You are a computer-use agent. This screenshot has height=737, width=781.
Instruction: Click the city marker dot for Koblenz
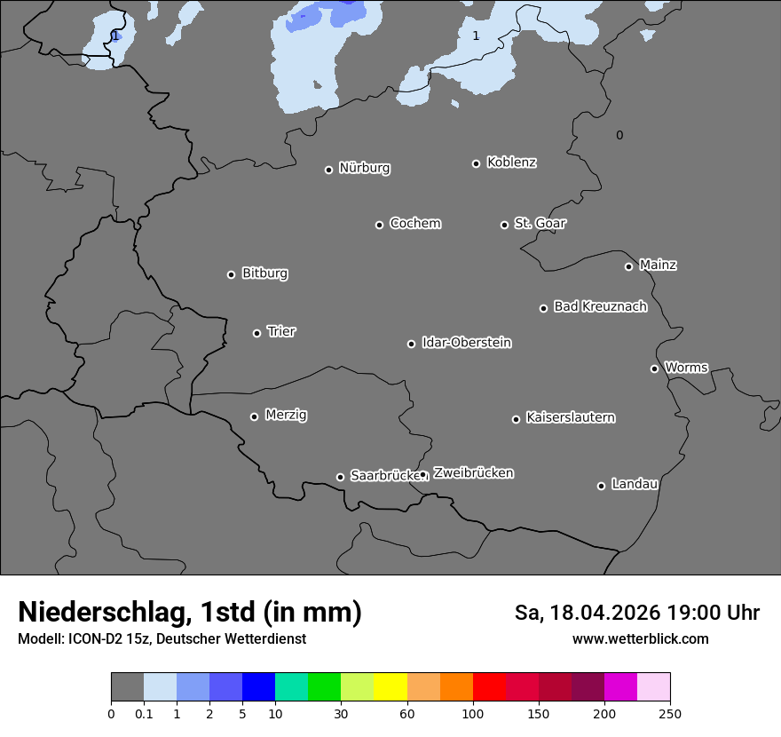pyautogui.click(x=476, y=163)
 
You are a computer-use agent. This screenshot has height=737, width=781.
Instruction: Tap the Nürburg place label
pyautogui.click(x=364, y=168)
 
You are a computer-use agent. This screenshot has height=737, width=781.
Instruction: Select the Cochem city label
pyautogui.click(x=414, y=223)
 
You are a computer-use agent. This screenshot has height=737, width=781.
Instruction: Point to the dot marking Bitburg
pyautogui.click(x=231, y=274)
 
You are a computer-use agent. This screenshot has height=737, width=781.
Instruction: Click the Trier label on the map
pyautogui.click(x=281, y=331)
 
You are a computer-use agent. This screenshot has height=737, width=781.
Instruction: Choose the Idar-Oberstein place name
pyautogui.click(x=466, y=342)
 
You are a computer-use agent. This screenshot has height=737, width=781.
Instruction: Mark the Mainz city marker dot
pyautogui.click(x=628, y=266)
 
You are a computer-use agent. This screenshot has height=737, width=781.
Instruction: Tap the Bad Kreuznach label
pyautogui.click(x=600, y=306)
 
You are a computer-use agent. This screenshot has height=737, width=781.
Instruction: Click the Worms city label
pyautogui.click(x=686, y=367)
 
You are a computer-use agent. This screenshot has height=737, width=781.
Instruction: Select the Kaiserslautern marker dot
pyautogui.click(x=516, y=419)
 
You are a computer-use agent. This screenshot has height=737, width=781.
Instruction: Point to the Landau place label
pyautogui.click(x=635, y=484)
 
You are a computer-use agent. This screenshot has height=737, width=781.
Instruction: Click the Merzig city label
pyautogui.click(x=286, y=415)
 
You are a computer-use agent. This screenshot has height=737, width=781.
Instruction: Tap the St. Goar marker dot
pyautogui.click(x=504, y=225)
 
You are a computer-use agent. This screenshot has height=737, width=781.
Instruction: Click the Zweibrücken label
pyautogui.click(x=473, y=472)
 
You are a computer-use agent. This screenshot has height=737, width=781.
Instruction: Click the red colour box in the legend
pyautogui.click(x=489, y=687)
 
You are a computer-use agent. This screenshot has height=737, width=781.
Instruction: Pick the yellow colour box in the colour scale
pyautogui.click(x=390, y=687)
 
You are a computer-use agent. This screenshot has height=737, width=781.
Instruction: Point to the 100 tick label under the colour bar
pyautogui.click(x=473, y=713)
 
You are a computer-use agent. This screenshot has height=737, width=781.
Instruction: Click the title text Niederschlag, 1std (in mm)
pyautogui.click(x=190, y=612)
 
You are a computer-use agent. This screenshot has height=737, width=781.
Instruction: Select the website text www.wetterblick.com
pyautogui.click(x=640, y=638)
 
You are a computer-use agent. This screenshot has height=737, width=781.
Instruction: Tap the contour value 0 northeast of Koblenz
pyautogui.click(x=619, y=135)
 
